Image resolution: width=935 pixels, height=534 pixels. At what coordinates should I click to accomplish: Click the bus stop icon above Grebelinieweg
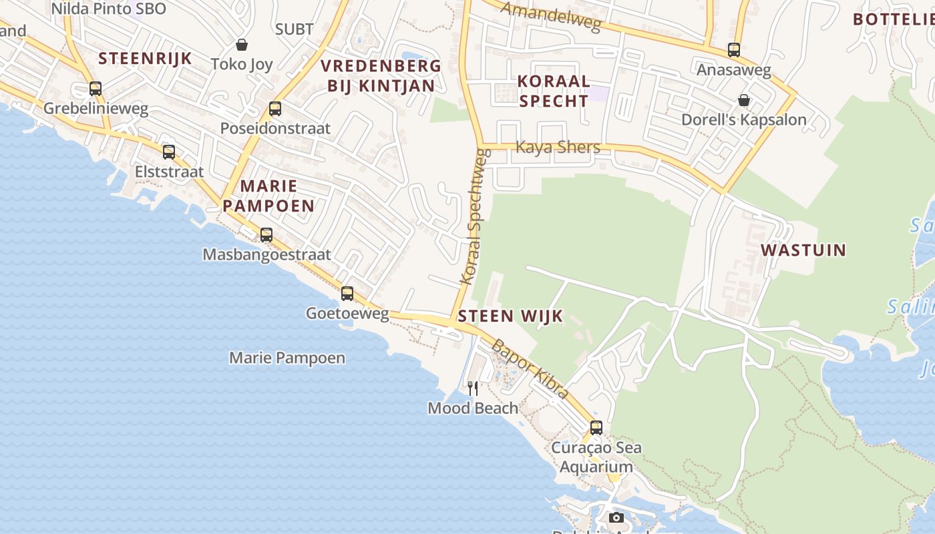[x=96, y=88]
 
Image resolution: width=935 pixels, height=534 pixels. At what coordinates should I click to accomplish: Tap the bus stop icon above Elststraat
[x=169, y=152]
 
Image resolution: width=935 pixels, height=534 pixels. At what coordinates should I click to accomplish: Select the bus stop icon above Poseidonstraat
[x=275, y=108]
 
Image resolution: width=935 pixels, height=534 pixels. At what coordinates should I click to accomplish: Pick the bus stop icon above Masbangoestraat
[x=266, y=234]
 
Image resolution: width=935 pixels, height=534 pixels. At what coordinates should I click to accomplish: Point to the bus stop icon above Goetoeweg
[x=347, y=293]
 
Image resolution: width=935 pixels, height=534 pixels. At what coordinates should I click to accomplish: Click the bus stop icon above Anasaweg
[x=734, y=49]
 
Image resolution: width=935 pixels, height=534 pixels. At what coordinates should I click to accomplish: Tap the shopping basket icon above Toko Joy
[x=242, y=45]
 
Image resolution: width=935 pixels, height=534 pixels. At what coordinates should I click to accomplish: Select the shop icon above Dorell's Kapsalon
[x=744, y=100]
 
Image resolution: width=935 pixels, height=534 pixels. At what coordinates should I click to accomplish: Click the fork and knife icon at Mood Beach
[x=473, y=388]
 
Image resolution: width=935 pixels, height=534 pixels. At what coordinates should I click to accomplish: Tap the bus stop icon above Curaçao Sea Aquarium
[x=596, y=427]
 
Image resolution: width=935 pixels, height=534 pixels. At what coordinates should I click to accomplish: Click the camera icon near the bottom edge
[x=616, y=517]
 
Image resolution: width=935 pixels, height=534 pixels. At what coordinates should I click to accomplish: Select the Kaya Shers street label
[x=558, y=147]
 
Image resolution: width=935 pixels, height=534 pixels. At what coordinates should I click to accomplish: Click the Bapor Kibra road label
[x=530, y=368]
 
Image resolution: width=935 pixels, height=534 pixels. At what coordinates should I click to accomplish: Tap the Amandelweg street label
[x=551, y=17]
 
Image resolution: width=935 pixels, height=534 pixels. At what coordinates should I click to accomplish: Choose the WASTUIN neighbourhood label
[x=803, y=250]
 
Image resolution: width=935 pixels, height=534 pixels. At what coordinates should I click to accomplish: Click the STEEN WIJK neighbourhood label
[x=511, y=316]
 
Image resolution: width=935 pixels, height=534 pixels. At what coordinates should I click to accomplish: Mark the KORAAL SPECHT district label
[x=554, y=91]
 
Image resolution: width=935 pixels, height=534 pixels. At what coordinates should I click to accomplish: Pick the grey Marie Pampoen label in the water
[x=287, y=358]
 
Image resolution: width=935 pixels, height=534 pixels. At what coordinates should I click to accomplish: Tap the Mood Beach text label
[x=473, y=408]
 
